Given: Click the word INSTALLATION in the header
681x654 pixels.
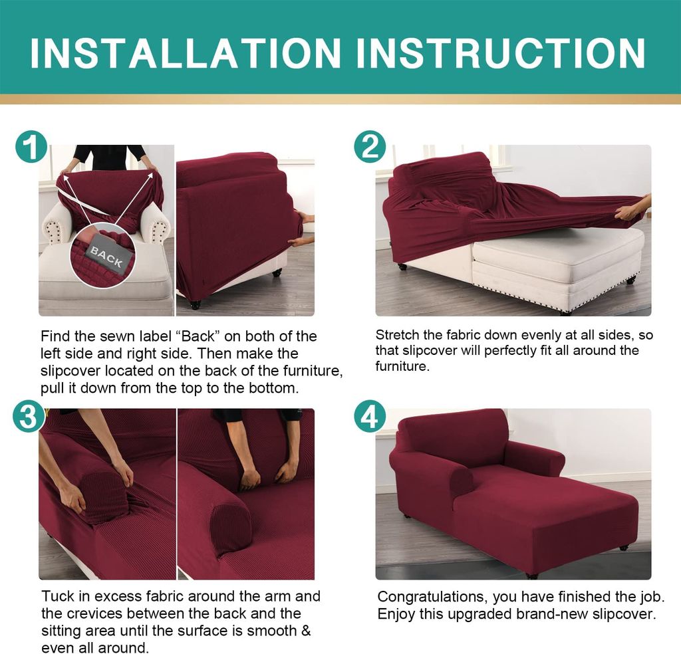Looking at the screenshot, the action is coord(186,53).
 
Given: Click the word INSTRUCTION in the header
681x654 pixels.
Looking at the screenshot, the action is coord(501,53).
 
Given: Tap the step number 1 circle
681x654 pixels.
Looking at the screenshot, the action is coord(31,147).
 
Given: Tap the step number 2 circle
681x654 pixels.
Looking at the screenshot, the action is coord(370,147).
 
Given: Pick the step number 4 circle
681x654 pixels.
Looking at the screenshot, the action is coord(370,416).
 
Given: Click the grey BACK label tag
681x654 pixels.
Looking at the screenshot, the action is coord(106,257).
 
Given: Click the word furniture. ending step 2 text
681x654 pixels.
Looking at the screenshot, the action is coord(402,366).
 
